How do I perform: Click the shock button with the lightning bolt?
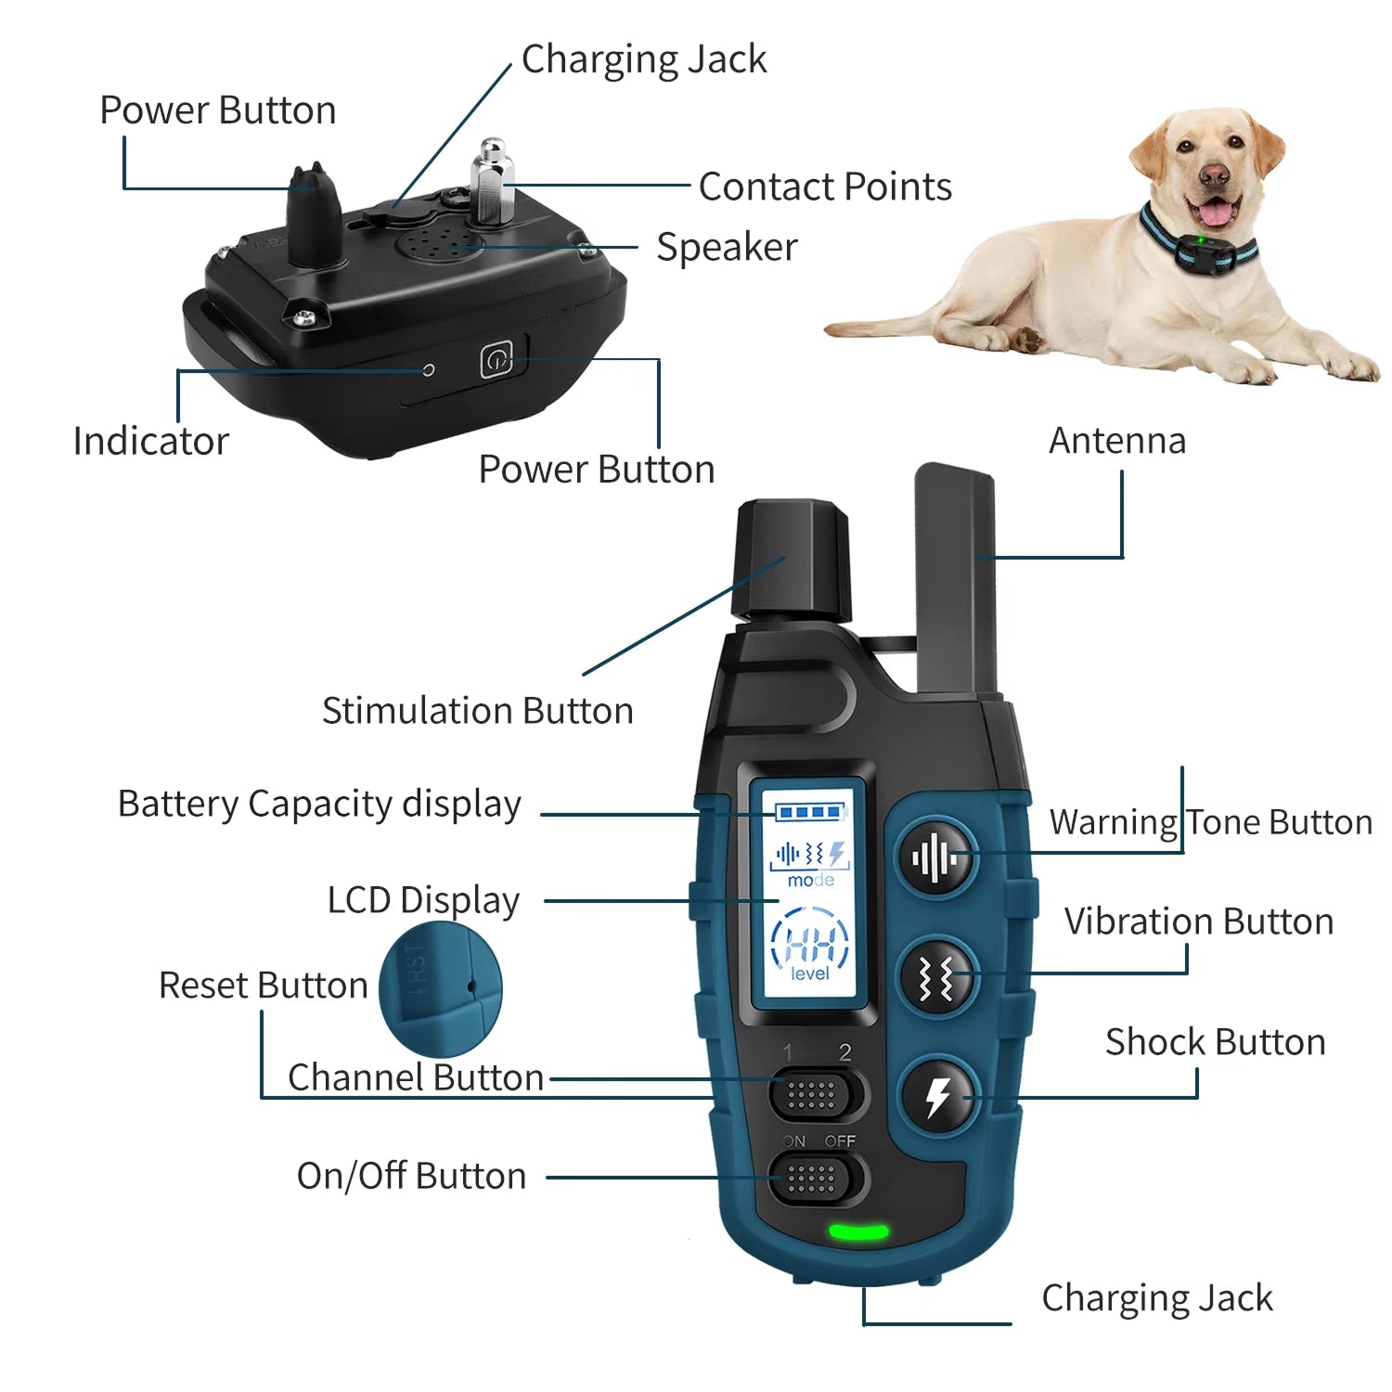(x=938, y=1097)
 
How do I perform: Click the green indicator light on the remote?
(x=858, y=1232)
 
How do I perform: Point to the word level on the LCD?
(x=810, y=973)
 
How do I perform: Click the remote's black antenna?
(x=956, y=580)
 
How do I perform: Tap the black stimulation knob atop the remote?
(x=792, y=561)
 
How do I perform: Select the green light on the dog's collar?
(x=1200, y=241)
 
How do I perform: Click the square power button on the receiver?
(x=496, y=359)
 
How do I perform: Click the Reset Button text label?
(x=264, y=985)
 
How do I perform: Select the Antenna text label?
(x=1117, y=440)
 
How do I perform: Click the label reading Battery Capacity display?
(x=319, y=804)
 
